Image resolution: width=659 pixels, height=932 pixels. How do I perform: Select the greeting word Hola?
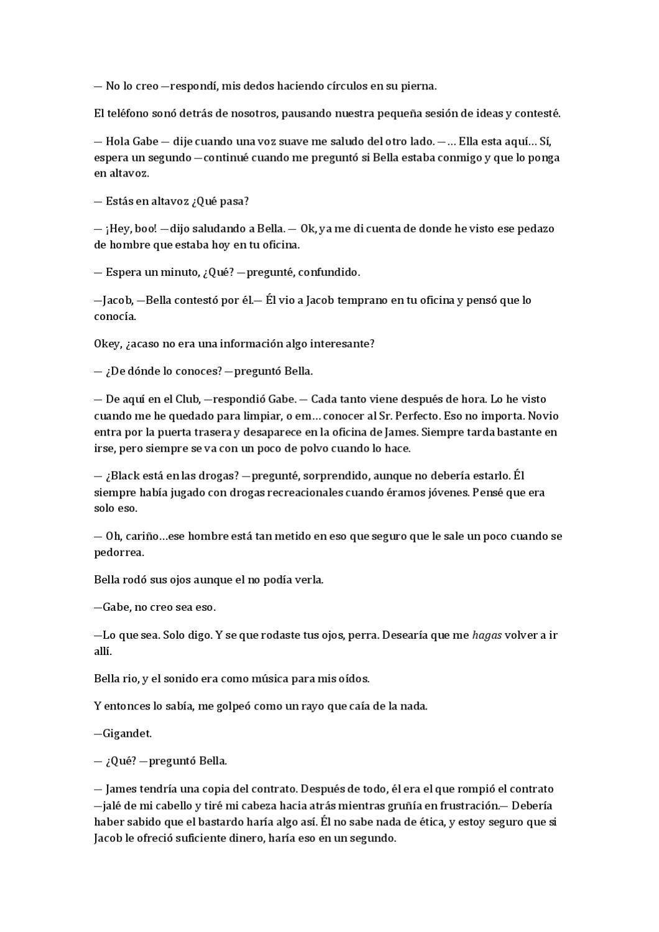click(x=118, y=141)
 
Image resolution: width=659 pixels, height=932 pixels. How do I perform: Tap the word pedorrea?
click(x=119, y=552)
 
